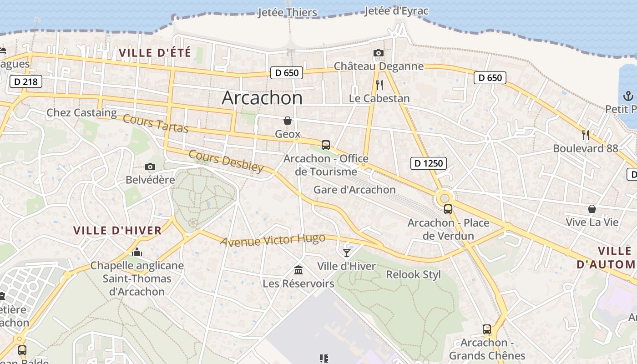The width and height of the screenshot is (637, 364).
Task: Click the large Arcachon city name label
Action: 262,98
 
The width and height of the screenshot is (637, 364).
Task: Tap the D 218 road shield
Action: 26,82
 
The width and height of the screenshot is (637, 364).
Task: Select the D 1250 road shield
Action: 428,163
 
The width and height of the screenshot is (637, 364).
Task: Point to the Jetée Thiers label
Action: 287,12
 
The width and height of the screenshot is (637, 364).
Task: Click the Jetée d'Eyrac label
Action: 396,10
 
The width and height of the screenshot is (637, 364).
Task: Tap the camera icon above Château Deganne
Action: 378,53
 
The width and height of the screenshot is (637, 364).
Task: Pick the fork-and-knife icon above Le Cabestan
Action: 379,85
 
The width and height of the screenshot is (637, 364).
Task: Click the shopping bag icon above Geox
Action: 288,121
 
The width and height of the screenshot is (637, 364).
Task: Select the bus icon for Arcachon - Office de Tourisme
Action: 326,145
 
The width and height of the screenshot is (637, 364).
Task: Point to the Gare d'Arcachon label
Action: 354,190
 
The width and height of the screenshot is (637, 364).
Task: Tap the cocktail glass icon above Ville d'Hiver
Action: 347,253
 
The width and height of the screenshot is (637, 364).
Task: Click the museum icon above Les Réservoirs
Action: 298,270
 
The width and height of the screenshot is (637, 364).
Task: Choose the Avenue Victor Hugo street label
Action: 273,240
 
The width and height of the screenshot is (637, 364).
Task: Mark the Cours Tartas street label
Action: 156,124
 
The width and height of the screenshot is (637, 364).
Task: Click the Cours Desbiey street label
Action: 226,161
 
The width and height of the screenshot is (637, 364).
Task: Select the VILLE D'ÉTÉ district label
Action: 155,53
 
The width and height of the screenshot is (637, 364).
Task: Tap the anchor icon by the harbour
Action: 628,96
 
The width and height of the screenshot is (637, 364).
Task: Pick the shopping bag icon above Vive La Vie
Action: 592,209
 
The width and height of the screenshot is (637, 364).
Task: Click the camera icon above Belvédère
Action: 150,167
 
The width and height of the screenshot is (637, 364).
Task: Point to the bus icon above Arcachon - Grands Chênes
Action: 487,329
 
